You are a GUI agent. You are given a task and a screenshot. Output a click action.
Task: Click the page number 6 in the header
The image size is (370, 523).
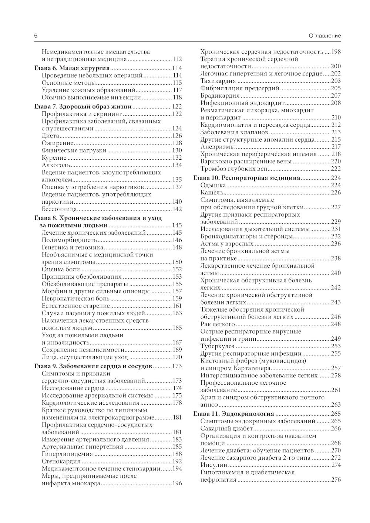point(36,36)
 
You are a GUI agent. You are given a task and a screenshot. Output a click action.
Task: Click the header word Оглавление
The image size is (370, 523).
point(324,36)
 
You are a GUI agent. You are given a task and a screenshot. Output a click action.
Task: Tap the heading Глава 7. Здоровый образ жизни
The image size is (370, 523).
point(83,106)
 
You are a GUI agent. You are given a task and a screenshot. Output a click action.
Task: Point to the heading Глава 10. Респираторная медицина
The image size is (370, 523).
point(247,178)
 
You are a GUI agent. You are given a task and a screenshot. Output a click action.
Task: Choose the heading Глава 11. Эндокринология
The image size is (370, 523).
point(234,414)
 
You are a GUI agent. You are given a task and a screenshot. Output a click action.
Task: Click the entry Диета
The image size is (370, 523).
point(50,136)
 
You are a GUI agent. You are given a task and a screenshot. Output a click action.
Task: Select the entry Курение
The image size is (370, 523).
point(54,158)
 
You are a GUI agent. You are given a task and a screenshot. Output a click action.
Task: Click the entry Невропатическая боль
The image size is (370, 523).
point(75,298)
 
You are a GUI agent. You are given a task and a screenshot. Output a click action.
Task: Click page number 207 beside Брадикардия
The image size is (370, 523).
point(336,96)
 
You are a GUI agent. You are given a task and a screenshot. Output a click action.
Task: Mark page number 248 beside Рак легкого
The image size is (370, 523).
point(336,324)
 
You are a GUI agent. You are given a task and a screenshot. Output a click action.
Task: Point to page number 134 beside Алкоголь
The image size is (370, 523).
point(177,165)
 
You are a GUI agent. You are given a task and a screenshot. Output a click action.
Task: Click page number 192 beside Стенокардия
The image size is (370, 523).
point(177,461)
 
